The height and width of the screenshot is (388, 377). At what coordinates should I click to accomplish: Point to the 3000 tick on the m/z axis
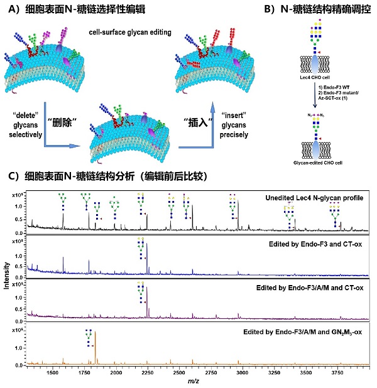click(x=242, y=372)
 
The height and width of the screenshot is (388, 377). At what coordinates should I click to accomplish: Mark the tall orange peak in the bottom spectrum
click(x=95, y=348)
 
